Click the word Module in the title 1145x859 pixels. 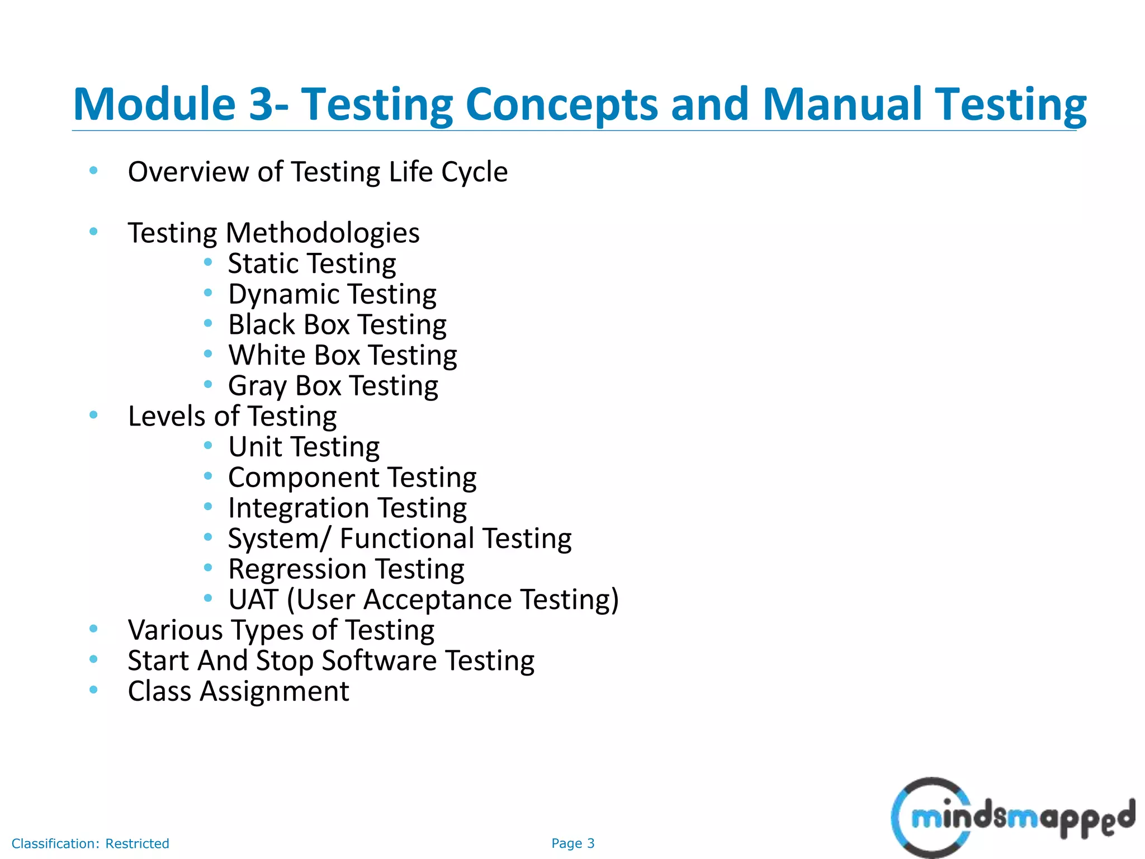154,104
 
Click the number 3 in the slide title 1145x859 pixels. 263,104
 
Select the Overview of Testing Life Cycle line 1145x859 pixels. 318,172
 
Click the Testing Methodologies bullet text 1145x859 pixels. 273,233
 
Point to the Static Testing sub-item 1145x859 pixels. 312,263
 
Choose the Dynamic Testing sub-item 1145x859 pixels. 332,294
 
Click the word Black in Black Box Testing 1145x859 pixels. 261,324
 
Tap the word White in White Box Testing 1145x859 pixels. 266,355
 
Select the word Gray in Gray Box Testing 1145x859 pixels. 257,386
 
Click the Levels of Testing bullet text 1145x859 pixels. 232,416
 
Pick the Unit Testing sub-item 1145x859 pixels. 304,447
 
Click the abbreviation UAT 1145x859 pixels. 253,600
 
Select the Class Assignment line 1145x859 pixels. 238,691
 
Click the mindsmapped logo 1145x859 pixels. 1012,817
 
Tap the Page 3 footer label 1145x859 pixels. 572,843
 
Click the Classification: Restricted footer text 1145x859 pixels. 90,843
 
